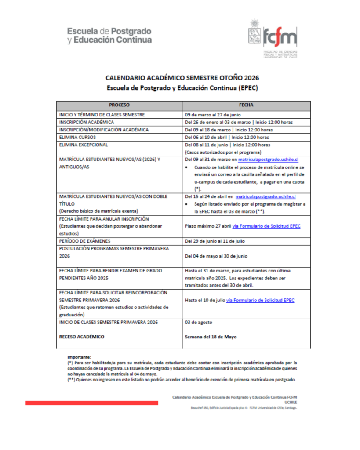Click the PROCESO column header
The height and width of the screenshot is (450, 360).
[x=119, y=106]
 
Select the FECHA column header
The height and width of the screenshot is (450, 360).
[x=246, y=106]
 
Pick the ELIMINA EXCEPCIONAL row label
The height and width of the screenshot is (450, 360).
[x=83, y=145]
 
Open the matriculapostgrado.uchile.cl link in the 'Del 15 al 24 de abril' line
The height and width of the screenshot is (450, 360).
[x=265, y=196]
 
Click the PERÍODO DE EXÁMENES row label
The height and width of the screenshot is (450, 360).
[x=85, y=241]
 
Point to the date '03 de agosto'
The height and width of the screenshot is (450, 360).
[x=199, y=322]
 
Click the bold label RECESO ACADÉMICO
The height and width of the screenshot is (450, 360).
[x=82, y=337]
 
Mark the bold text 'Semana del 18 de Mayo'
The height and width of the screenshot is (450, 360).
[x=211, y=337]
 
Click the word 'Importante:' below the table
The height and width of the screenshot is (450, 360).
[x=79, y=357]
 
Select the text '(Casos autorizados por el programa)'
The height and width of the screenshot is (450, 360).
[x=222, y=152]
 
